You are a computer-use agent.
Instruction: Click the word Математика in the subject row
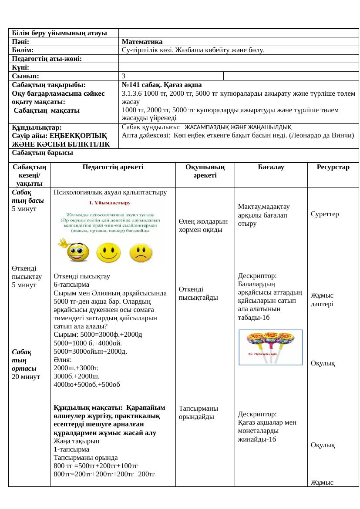[x=142, y=42]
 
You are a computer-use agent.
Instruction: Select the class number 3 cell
[x=124, y=76]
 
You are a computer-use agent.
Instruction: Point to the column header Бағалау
[x=271, y=167]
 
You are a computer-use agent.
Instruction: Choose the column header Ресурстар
[x=333, y=167]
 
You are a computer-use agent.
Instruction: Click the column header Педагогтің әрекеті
[x=113, y=167]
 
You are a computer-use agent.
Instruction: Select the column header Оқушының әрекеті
[x=205, y=171]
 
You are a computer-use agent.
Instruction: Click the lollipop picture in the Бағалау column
[x=271, y=346]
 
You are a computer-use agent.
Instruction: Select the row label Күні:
[x=21, y=67]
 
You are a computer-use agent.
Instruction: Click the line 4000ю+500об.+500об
[x=87, y=385]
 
